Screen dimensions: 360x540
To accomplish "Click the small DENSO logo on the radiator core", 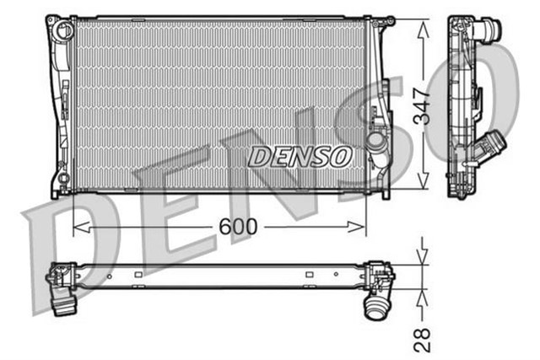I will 301,155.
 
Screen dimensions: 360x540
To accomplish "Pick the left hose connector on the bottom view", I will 62,299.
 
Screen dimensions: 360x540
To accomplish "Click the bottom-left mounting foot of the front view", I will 57,187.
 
